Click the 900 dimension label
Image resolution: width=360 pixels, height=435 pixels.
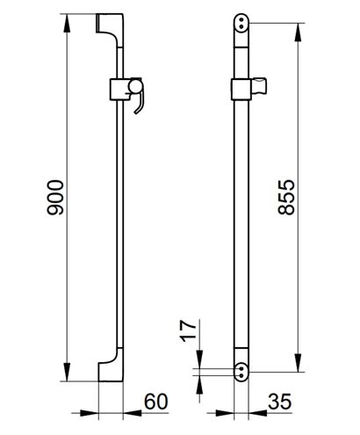55,198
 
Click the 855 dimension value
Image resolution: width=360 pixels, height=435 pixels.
286,197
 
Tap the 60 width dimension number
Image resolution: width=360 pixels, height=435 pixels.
156,402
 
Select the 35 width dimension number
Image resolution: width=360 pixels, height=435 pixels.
280,402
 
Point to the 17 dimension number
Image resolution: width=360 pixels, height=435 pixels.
188,331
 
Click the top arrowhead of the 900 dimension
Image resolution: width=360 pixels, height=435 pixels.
67,23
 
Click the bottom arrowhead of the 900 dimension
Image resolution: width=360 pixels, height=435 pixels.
67,372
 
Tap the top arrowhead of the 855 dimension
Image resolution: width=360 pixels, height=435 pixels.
298,33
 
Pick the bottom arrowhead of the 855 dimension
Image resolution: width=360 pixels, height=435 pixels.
298,363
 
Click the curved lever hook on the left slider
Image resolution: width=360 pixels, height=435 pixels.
140,104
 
